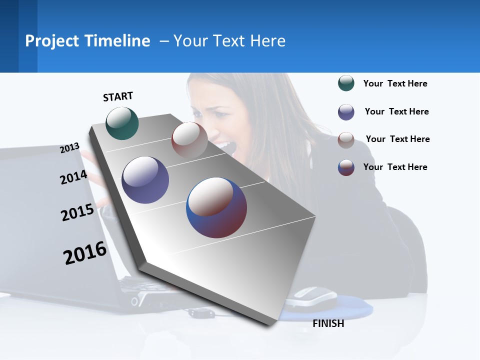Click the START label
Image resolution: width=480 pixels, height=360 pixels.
(x=118, y=96)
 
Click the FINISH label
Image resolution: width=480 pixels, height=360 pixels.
(x=328, y=323)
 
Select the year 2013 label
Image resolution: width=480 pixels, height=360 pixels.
(x=69, y=148)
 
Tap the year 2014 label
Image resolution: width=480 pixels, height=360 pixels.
(x=73, y=177)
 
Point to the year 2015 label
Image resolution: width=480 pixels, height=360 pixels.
(x=77, y=212)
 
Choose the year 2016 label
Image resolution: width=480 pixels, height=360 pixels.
(x=85, y=253)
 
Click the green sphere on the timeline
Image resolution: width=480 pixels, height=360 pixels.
(x=122, y=123)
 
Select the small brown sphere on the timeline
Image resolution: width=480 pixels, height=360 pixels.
(x=189, y=140)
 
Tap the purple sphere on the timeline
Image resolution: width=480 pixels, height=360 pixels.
(x=145, y=180)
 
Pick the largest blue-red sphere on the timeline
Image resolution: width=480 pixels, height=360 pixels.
(x=216, y=207)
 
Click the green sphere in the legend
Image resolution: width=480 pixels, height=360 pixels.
(x=346, y=83)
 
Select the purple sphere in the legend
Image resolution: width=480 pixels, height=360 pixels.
(x=346, y=112)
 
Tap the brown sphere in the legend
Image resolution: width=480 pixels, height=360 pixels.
(x=346, y=140)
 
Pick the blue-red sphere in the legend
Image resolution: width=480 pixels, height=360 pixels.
(x=346, y=167)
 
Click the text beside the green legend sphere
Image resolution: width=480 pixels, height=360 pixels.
(x=395, y=83)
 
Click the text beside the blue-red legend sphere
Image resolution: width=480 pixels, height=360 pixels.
(x=395, y=167)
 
